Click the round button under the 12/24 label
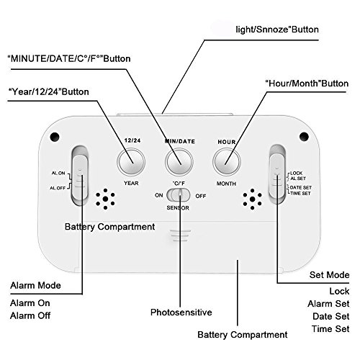click(131, 161)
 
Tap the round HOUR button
click(227, 161)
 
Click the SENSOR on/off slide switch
click(179, 195)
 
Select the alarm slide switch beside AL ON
click(80, 175)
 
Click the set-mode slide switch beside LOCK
click(277, 174)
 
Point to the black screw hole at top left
click(55, 137)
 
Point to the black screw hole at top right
click(304, 136)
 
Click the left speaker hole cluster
click(105, 199)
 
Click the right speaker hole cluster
click(252, 199)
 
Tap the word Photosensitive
click(181, 312)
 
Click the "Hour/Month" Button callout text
click(307, 84)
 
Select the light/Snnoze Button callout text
click(277, 30)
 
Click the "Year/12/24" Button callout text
click(48, 91)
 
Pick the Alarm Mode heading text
click(35, 285)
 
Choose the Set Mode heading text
click(329, 275)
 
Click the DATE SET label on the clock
click(301, 187)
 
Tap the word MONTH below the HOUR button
click(226, 184)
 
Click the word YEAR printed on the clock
click(131, 183)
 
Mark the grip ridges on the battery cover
click(181, 235)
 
